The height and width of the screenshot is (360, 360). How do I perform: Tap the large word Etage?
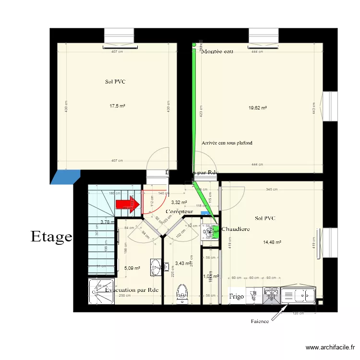point(51,236)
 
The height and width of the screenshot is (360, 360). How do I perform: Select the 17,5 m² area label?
point(117,106)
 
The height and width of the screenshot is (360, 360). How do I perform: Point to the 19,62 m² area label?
point(257,108)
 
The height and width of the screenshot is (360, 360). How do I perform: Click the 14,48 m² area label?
point(271,242)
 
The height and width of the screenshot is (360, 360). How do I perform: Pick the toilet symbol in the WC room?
point(182,293)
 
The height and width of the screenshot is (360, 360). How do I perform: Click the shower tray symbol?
point(101,291)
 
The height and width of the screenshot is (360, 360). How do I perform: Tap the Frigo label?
point(236,297)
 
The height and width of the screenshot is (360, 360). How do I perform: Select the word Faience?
point(260,321)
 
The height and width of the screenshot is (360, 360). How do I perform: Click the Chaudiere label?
point(236,229)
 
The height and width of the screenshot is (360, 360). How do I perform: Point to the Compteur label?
point(180,212)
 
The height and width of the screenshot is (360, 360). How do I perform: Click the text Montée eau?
point(217,51)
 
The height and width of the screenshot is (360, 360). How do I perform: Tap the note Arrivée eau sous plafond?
point(227,143)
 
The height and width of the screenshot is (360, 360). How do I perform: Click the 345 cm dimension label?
point(272,189)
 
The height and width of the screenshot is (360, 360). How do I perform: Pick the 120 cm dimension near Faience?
point(299,313)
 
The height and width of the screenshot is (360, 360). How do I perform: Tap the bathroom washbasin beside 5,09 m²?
point(156,268)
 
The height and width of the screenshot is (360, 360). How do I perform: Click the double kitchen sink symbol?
point(271,296)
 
